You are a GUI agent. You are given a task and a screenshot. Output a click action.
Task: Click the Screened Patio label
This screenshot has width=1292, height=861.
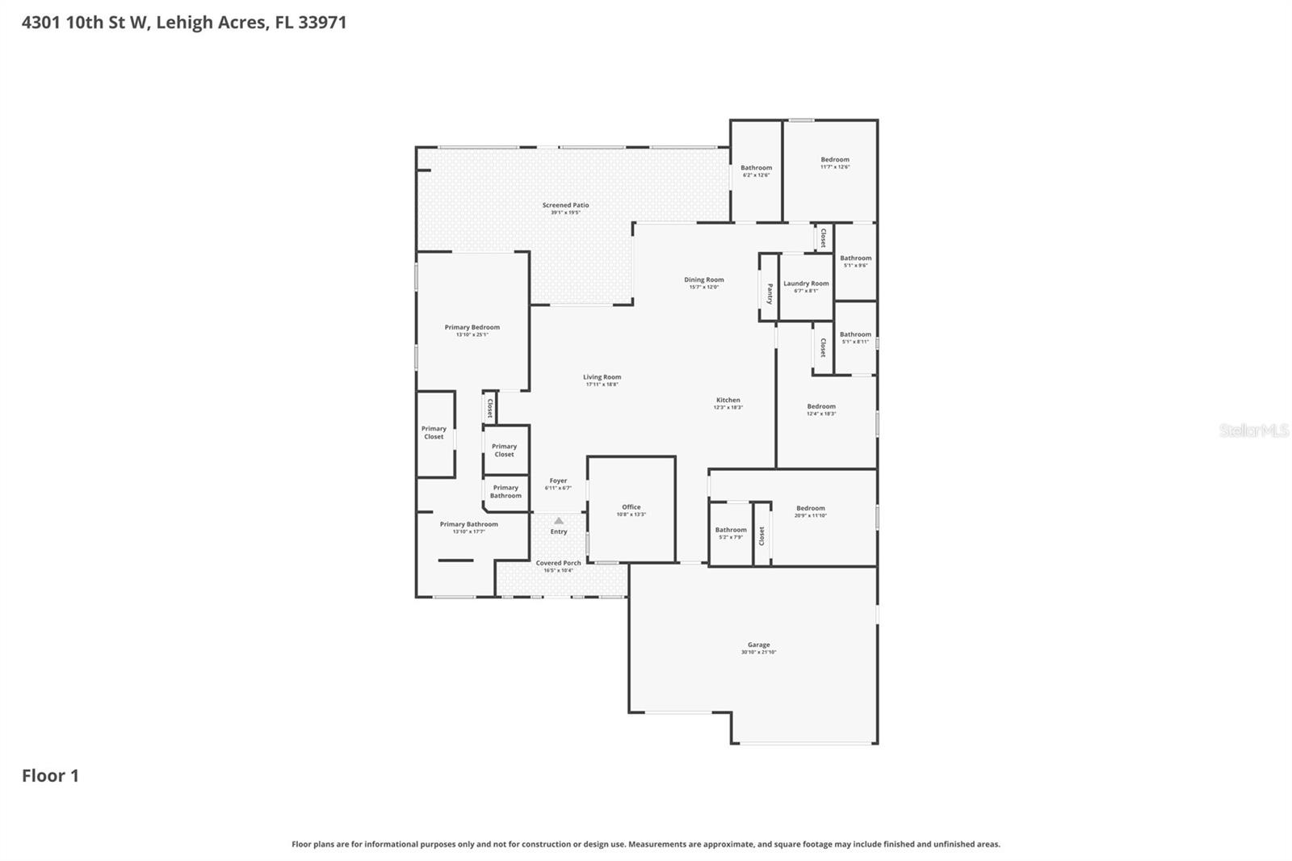[x=565, y=205]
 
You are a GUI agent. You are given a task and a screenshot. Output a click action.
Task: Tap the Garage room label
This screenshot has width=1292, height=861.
[x=758, y=645]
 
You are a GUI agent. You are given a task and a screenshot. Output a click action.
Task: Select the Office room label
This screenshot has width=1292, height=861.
[x=631, y=507]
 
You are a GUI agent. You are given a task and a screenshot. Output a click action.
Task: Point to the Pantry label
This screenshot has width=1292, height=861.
[x=770, y=292]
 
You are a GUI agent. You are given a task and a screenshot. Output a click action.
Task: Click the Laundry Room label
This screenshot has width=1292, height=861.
[x=806, y=283]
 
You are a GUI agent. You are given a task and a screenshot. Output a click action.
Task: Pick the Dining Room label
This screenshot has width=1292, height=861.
[x=703, y=279]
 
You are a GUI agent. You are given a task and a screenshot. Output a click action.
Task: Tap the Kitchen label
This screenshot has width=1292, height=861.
[x=728, y=400]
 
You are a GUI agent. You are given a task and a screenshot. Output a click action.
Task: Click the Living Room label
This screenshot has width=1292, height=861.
[x=602, y=377]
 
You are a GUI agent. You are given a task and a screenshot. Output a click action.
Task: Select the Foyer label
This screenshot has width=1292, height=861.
[x=558, y=481]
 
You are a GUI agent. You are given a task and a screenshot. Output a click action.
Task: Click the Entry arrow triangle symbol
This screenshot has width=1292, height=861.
[x=559, y=521]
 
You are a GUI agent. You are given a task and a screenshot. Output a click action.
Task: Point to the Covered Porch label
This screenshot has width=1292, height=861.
[x=558, y=563]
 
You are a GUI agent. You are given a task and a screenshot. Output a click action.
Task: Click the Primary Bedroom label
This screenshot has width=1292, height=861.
[x=472, y=327]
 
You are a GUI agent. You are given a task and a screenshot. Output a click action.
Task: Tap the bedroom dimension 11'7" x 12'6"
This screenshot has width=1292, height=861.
[x=835, y=167]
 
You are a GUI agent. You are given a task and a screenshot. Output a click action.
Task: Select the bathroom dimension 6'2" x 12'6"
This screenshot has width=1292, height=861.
[x=756, y=175]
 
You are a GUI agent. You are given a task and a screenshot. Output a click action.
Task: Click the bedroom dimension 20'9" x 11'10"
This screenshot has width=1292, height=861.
[x=810, y=515]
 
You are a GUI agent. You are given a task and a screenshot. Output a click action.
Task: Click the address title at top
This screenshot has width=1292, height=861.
[x=184, y=22]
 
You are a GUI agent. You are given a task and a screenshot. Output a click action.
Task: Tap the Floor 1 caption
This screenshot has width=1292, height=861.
[x=50, y=775]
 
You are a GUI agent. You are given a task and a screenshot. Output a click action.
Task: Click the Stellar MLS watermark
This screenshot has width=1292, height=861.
[x=1253, y=430]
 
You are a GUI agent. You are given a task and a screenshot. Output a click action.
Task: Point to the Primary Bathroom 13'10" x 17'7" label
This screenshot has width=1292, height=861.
[x=468, y=527]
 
